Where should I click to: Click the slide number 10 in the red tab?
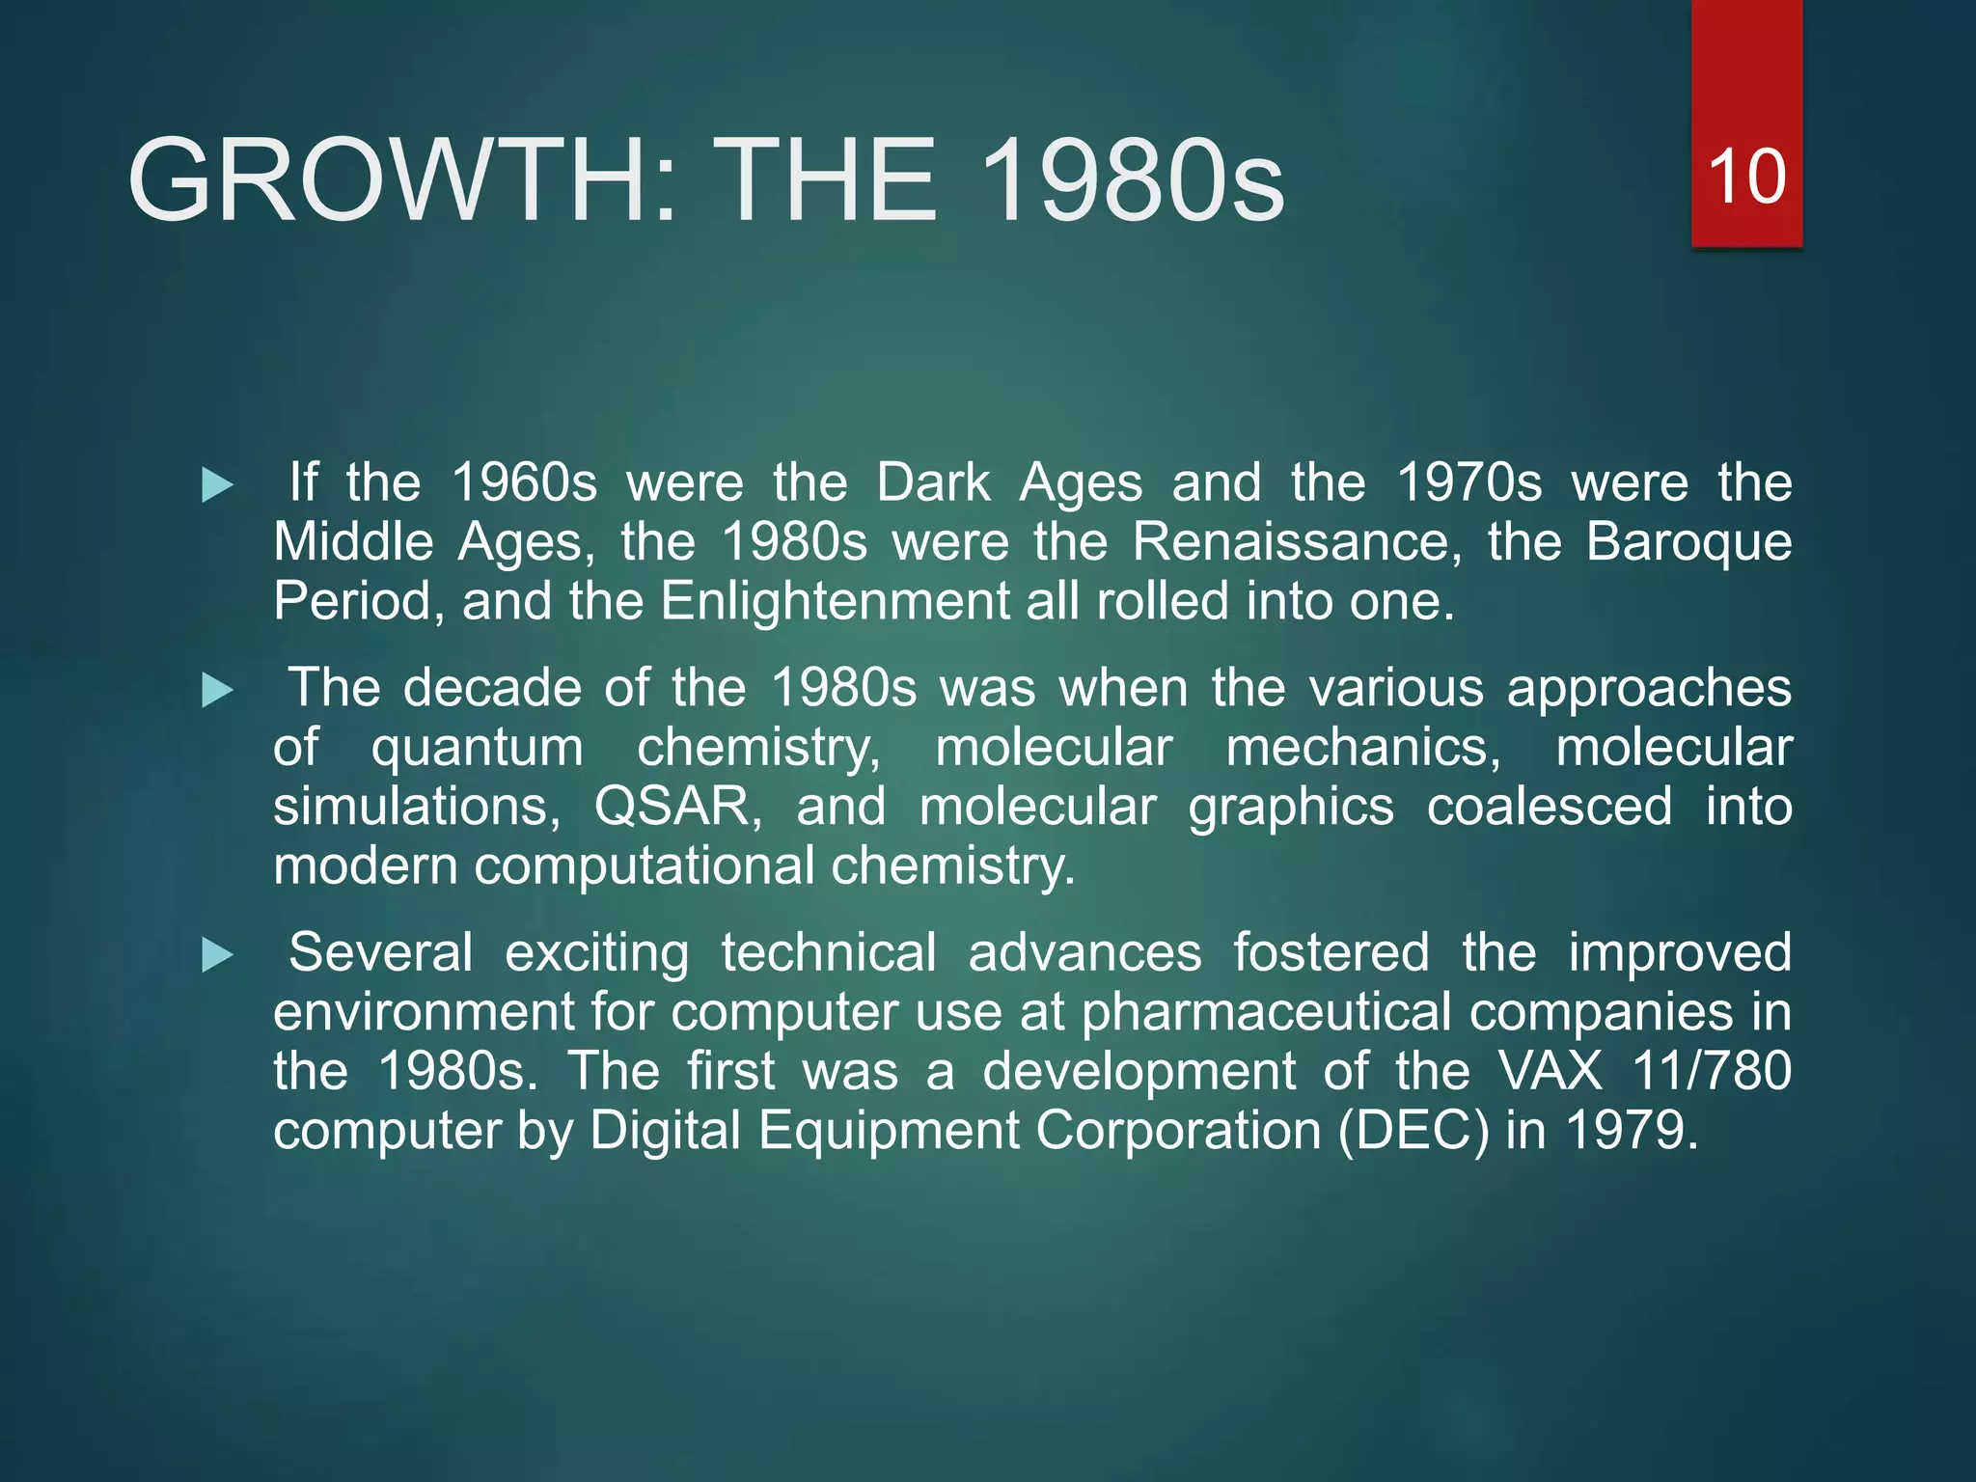click(x=1746, y=178)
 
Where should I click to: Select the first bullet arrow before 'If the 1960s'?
click(x=217, y=484)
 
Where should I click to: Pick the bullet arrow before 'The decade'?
click(x=217, y=691)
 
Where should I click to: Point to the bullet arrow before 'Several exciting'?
click(x=217, y=955)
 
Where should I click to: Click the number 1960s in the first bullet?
click(x=524, y=482)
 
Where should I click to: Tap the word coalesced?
click(x=1550, y=807)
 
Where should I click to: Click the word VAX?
click(x=1551, y=1071)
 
